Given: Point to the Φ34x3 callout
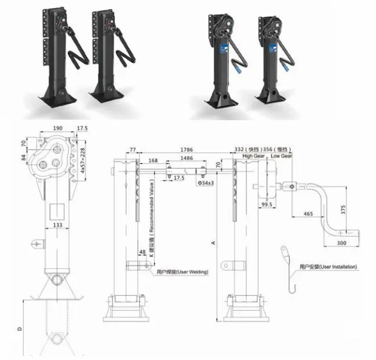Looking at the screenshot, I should coord(205,181).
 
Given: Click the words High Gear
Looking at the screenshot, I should coord(251,156).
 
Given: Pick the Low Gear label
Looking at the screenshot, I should coord(281,156).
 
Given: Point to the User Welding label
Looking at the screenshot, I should coord(182,271).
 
